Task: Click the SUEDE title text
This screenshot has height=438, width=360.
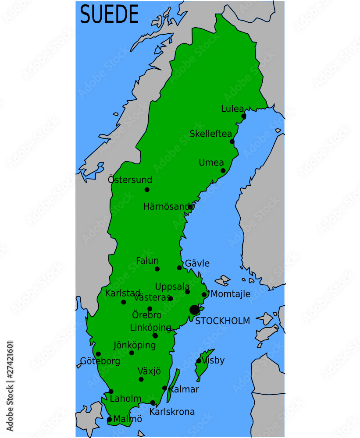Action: [109, 14]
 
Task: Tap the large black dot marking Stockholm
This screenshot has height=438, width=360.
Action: [194, 310]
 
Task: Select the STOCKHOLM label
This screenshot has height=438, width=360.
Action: [223, 321]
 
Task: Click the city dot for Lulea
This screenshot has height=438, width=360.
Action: [244, 116]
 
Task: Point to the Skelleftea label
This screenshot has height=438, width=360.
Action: [210, 134]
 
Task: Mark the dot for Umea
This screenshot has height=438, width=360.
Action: [223, 170]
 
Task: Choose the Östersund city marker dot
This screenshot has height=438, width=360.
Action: [147, 190]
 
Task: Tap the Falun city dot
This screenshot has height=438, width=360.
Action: [157, 269]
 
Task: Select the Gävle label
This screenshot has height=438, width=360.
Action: [197, 263]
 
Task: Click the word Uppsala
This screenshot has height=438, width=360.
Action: [172, 286]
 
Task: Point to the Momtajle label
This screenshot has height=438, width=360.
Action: [231, 294]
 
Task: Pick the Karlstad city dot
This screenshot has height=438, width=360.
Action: [124, 302]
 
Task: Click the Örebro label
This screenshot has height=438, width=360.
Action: [147, 315]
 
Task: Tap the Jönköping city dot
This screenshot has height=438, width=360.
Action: [132, 353]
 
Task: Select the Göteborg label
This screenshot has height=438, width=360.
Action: [100, 361]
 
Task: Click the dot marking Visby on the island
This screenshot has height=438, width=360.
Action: [199, 361]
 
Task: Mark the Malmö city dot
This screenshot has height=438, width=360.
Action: [109, 420]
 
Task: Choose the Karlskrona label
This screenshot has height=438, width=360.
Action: [172, 412]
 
